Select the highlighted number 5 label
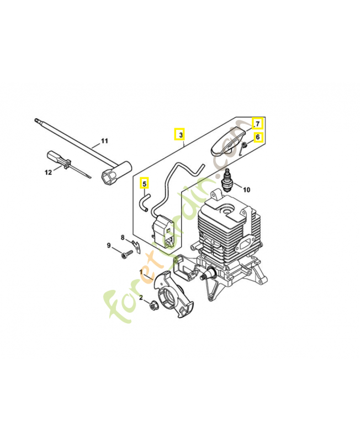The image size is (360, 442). [x=144, y=183]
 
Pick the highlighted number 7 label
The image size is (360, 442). [x=257, y=123]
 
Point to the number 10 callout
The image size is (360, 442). [x=246, y=190]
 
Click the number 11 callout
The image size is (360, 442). [x=104, y=141]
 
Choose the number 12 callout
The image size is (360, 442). [x=48, y=172]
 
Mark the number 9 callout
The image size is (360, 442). [x=109, y=245]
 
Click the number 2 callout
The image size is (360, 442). [x=141, y=297]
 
